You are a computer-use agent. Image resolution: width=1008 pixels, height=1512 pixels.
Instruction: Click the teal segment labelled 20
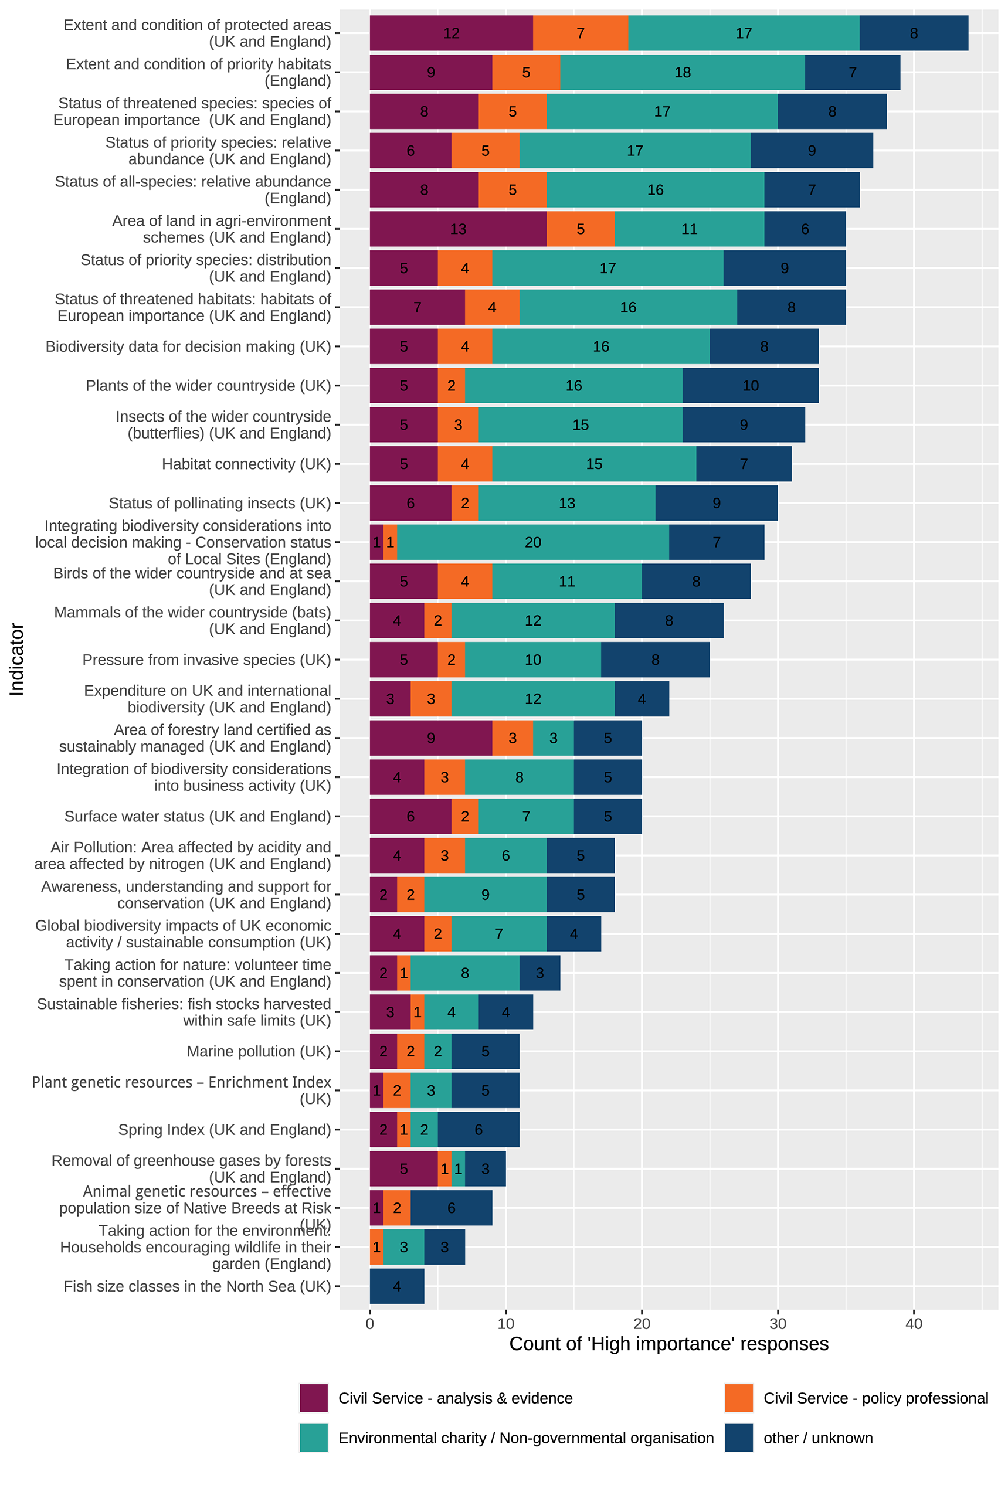[x=533, y=542]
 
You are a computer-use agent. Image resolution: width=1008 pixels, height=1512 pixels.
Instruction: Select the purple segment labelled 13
[x=458, y=229]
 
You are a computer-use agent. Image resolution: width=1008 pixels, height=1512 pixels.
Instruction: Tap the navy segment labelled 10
[x=750, y=386]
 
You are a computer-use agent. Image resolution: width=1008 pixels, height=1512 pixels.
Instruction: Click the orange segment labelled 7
[x=581, y=33]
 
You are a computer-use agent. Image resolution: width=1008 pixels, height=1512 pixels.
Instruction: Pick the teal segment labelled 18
[x=682, y=73]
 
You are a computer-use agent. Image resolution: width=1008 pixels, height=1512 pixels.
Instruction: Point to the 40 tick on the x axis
[x=914, y=1324]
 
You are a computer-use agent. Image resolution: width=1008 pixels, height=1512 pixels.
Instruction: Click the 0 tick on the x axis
[x=369, y=1324]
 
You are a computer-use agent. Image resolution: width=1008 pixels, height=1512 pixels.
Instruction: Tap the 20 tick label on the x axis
[x=642, y=1324]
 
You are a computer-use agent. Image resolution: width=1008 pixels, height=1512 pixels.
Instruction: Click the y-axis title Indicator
[x=17, y=660]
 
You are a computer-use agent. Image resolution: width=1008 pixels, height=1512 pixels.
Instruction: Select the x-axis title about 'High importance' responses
[x=668, y=1344]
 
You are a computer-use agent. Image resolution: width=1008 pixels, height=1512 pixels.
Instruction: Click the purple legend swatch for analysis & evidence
[x=314, y=1398]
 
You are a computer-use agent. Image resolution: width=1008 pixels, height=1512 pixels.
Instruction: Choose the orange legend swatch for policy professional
[x=739, y=1398]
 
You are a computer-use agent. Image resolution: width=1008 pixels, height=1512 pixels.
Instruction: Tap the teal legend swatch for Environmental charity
[x=314, y=1438]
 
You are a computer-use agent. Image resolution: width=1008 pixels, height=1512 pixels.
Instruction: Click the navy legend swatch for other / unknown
[x=739, y=1438]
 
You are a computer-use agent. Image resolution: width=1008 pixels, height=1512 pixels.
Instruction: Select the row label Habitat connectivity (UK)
[x=246, y=464]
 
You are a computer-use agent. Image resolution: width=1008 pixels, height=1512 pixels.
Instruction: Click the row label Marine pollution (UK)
[x=259, y=1051]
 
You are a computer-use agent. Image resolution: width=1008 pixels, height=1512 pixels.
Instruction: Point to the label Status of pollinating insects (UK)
[x=220, y=503]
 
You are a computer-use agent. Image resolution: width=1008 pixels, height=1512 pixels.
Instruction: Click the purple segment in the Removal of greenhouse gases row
[x=403, y=1168]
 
